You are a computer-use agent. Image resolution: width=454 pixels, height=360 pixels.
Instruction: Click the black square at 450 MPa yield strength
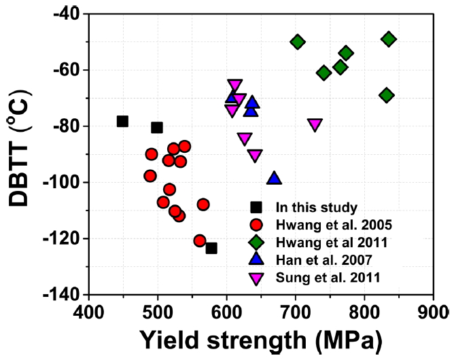click(x=122, y=121)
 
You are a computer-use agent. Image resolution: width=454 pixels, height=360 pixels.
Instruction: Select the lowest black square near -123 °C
click(x=211, y=248)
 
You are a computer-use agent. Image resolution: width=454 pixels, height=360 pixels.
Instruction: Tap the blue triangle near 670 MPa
click(x=274, y=178)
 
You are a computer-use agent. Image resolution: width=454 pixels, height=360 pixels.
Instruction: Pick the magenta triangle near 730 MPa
click(x=315, y=124)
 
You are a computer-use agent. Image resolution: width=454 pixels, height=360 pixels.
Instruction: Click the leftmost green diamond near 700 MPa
click(x=297, y=41)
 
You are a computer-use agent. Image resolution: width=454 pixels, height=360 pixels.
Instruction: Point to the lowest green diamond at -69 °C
click(x=386, y=95)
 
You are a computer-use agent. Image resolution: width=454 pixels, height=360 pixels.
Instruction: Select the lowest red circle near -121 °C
click(x=200, y=240)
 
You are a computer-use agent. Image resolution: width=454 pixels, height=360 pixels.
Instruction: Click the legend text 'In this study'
click(x=307, y=207)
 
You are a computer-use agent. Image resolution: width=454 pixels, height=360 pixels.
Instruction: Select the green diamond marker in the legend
click(x=256, y=242)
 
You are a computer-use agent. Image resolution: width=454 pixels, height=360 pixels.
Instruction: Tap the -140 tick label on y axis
click(x=63, y=295)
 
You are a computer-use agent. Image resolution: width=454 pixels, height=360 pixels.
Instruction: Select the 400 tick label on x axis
click(x=89, y=312)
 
